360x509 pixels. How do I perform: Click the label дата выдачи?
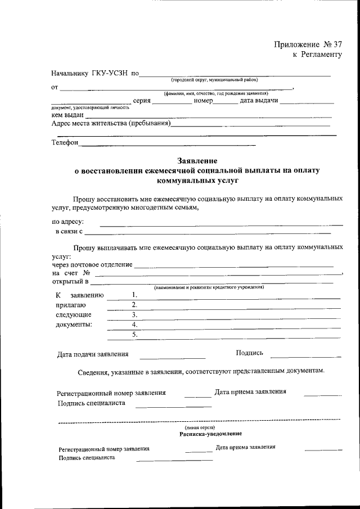tap(259, 101)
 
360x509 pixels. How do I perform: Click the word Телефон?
tap(65, 143)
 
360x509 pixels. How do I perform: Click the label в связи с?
tap(69, 231)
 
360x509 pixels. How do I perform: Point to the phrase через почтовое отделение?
tap(92, 264)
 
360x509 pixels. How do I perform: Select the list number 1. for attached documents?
tap(134, 295)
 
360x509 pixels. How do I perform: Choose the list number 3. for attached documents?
tap(134, 314)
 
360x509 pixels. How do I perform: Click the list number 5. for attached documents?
tap(134, 334)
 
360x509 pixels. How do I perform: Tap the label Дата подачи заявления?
tap(93, 354)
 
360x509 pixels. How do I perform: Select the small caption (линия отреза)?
tap(199, 427)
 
